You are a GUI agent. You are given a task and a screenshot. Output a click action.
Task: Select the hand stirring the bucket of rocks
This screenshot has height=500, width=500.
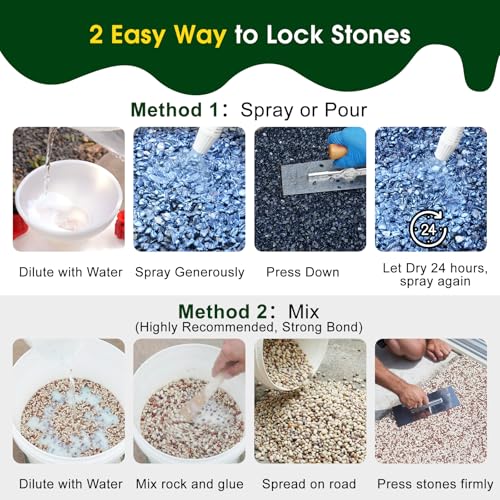tap(228, 358)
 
